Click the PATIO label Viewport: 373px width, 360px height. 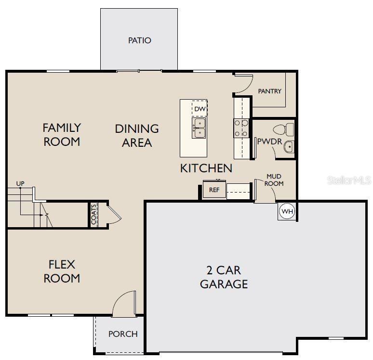140,40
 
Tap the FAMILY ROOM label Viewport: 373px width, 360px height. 62,135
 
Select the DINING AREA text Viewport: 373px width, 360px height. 137,136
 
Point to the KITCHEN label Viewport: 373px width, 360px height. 206,168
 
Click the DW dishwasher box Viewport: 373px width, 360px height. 200,109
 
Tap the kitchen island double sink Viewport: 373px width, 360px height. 199,128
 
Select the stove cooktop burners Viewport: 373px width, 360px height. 241,129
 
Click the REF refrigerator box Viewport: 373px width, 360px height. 214,190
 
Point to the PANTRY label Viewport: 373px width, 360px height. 269,91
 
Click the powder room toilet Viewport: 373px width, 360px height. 283,130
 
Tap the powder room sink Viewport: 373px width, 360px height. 289,147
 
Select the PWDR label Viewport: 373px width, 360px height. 269,141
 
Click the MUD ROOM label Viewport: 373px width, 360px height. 274,180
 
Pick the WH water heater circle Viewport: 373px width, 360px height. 287,211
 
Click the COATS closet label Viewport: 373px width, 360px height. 93,214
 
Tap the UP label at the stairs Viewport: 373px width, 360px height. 20,183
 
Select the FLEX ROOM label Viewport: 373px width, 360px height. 62,271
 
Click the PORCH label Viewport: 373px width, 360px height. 123,334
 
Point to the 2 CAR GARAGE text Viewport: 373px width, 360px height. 224,277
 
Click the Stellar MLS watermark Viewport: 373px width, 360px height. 349,180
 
